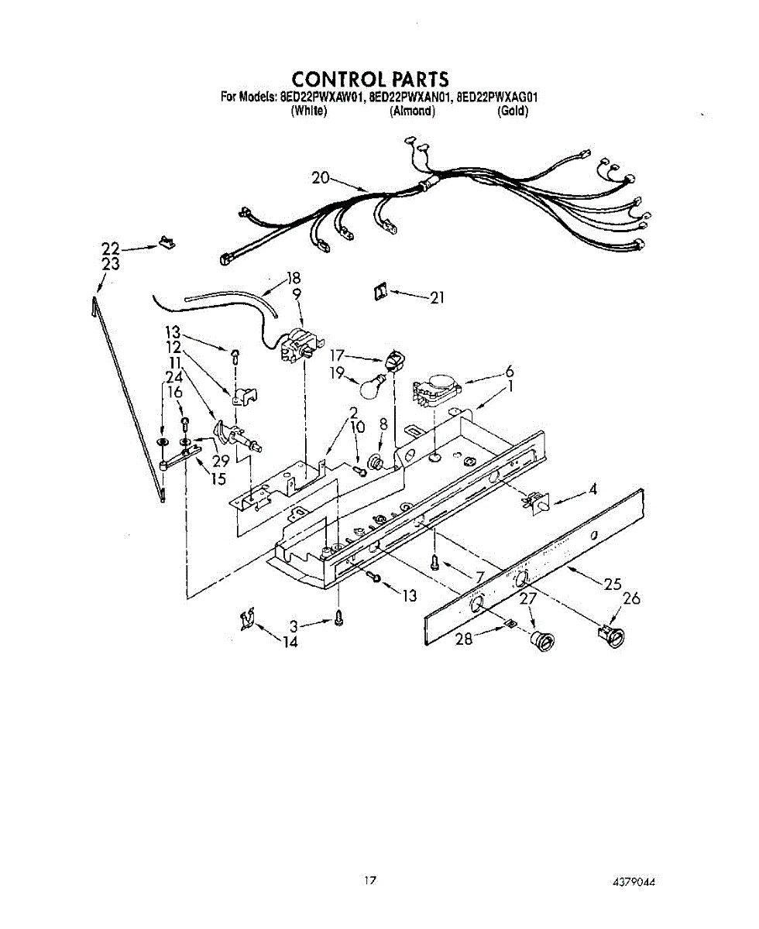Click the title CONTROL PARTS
(370, 79)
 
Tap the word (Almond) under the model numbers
(412, 111)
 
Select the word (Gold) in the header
(513, 111)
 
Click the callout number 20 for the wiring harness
(321, 177)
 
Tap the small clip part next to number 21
(379, 292)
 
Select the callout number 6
(509, 371)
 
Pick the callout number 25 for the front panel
(613, 584)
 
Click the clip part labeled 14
(249, 619)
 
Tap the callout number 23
(111, 265)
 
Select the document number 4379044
(639, 882)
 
